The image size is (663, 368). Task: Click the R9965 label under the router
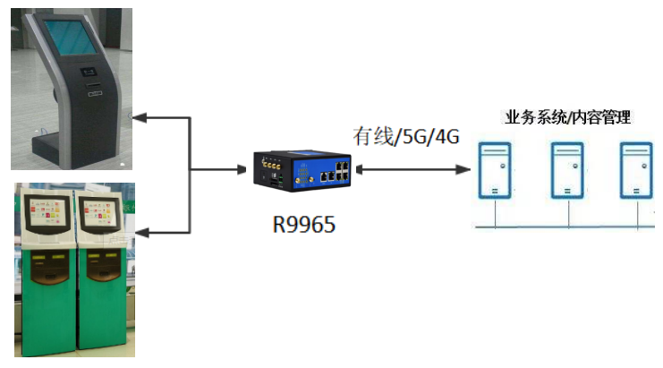(304, 224)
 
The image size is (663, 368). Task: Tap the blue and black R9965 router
(303, 170)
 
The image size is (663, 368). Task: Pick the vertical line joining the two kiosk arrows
(191, 175)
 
